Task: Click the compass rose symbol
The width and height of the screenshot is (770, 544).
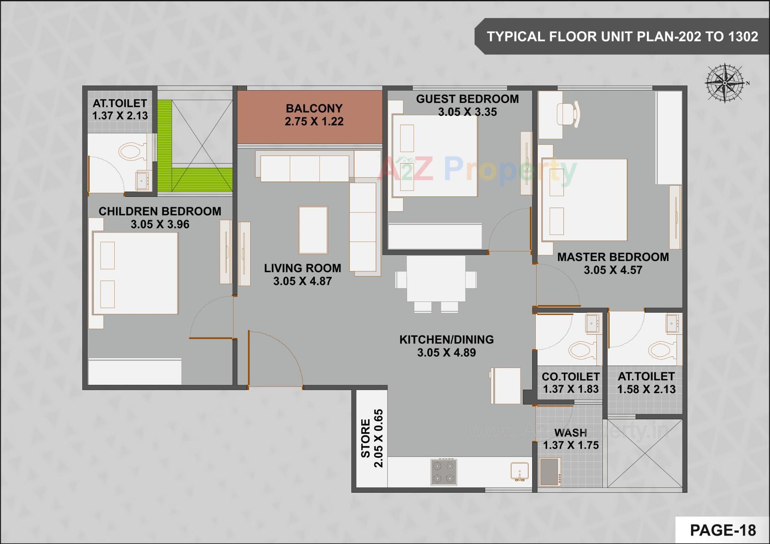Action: [x=725, y=83]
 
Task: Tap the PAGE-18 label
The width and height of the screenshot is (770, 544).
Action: [x=723, y=530]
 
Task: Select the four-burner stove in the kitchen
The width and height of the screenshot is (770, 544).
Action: [x=444, y=471]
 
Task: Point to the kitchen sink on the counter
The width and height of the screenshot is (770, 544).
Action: [x=519, y=471]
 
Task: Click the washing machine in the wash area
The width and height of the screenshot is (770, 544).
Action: [x=550, y=471]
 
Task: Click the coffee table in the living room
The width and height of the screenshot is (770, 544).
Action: [x=313, y=230]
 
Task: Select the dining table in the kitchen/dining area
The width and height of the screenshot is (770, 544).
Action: [x=436, y=279]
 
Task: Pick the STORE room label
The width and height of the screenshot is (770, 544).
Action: [x=365, y=438]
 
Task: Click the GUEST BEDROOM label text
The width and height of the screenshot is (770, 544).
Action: [x=467, y=99]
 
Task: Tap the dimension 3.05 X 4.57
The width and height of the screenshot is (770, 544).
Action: [x=613, y=270]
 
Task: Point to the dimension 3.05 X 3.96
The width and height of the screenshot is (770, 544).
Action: [x=160, y=224]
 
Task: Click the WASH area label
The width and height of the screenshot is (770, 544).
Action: [x=570, y=433]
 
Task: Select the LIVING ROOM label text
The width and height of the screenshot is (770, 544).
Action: [x=302, y=268]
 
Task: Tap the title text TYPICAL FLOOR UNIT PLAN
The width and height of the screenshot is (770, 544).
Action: [x=622, y=36]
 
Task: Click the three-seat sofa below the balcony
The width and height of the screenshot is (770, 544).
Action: [x=304, y=169]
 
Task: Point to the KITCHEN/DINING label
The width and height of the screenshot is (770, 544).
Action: [x=446, y=340]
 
